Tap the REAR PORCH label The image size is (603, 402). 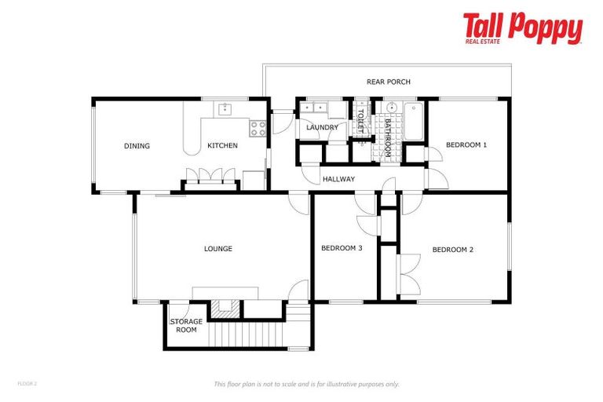coord(388,82)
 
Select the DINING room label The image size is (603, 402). coord(137,146)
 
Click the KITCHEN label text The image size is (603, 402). coord(222,146)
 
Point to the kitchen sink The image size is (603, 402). coord(225,109)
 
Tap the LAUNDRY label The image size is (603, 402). coord(322,127)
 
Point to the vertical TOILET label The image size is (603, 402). coord(360,122)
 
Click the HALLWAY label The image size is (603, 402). coord(338,179)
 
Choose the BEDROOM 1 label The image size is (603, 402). coord(466,144)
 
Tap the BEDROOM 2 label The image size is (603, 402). coord(453,250)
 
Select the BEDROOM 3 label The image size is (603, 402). coord(342,248)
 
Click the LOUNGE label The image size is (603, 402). coord(218,249)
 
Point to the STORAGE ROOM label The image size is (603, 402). coord(186,325)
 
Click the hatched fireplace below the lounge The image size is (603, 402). coord(224,309)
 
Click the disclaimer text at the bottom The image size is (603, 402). coord(307,384)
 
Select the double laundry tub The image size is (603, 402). coord(318,109)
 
